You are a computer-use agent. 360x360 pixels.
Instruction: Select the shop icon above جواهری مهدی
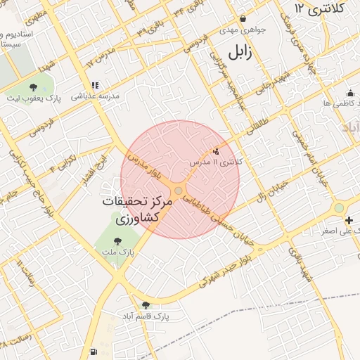coord(243,19)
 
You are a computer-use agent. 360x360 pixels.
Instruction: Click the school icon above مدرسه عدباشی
coord(94,85)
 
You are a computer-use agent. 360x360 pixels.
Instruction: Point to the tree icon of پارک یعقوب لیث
coord(34,87)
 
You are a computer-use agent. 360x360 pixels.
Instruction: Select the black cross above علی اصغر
coord(349,220)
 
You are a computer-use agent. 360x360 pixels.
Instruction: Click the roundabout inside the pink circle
coord(179,191)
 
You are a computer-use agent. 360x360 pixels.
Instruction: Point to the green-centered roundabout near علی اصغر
coord(339,207)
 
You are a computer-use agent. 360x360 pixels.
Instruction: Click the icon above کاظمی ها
coord(350,93)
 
